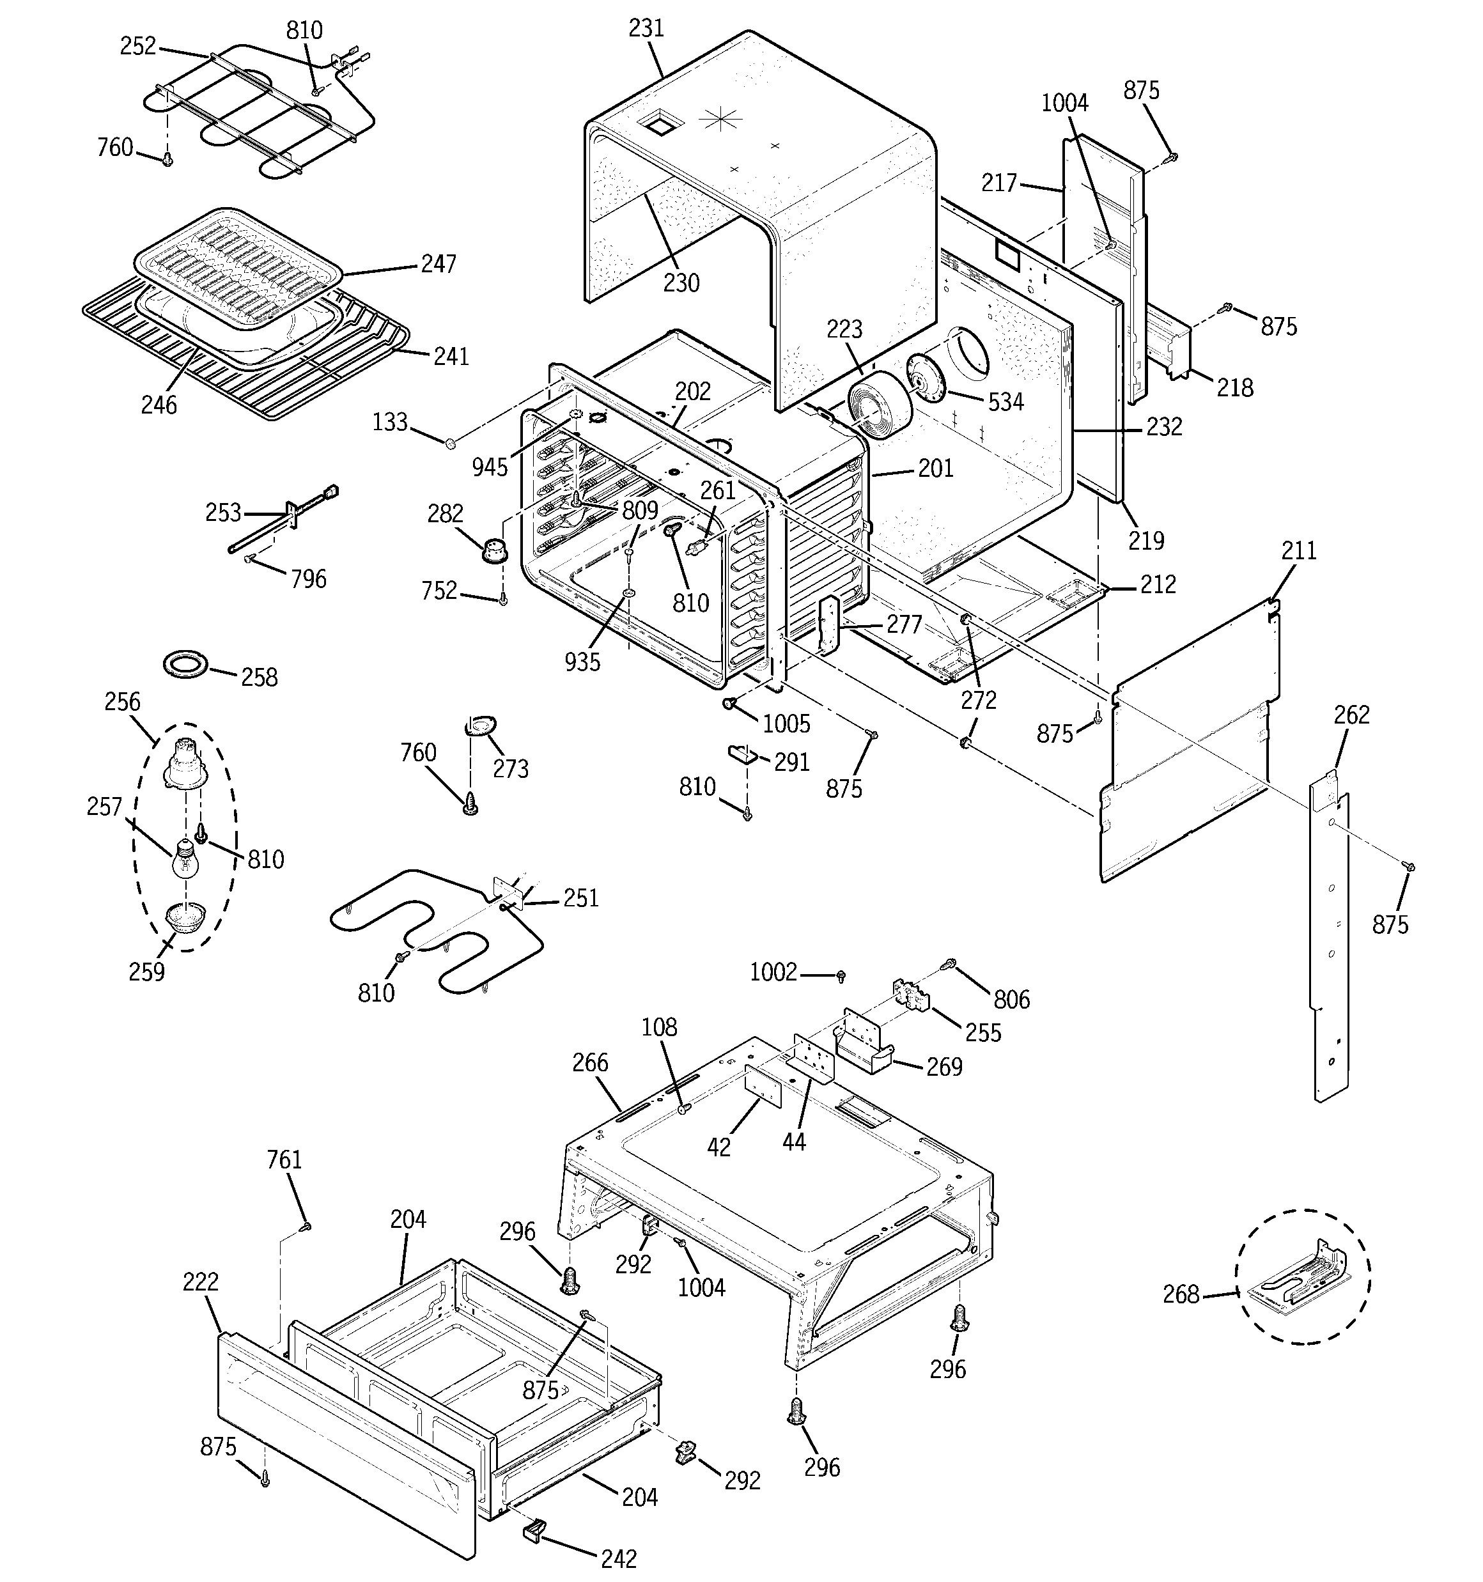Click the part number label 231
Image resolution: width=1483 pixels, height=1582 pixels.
[x=646, y=29]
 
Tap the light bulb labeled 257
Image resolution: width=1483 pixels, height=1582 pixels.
[x=184, y=860]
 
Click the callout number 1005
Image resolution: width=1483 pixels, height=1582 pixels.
[x=786, y=724]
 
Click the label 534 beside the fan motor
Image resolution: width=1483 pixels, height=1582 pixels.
[x=1005, y=402]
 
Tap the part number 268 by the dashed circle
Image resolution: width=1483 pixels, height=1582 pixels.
[x=1181, y=1295]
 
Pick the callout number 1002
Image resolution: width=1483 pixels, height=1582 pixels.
[x=773, y=972]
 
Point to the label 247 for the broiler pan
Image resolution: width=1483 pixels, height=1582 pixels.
[x=438, y=263]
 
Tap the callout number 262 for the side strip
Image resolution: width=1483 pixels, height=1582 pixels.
[x=1352, y=715]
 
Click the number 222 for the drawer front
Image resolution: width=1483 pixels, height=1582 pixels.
[x=201, y=1282]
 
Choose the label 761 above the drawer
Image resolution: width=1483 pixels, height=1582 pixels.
[x=284, y=1159]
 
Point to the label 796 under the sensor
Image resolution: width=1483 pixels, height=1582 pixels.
[x=308, y=578]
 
